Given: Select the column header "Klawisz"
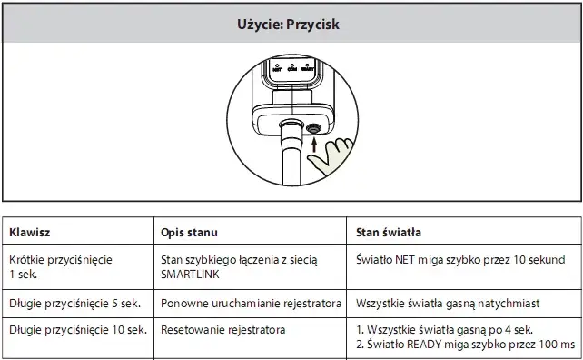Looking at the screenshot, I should [32, 233].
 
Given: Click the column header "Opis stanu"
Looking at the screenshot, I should [190, 233].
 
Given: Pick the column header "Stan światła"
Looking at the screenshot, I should [389, 233].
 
